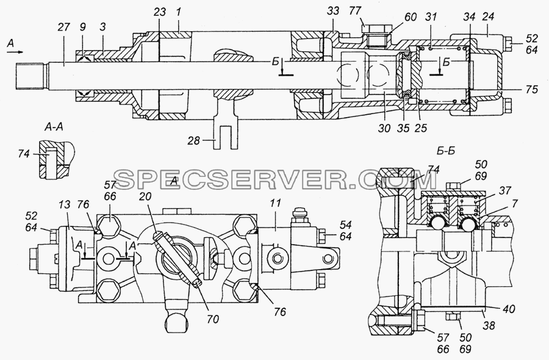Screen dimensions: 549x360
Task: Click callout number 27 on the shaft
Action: pos(64,27)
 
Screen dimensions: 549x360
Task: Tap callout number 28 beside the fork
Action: pos(193,140)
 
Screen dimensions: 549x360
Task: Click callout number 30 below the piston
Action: pos(384,128)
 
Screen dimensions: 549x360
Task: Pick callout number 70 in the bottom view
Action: pos(213,319)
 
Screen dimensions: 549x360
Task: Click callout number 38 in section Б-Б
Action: pos(489,325)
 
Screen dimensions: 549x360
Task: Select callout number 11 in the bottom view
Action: pos(276,204)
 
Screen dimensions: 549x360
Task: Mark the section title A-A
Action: pos(53,127)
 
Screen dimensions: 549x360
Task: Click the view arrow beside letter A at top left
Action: pos(15,52)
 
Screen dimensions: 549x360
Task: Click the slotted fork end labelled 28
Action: pos(226,137)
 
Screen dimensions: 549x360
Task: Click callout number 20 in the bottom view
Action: pos(145,196)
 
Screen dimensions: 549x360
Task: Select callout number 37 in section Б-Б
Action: pos(504,190)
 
